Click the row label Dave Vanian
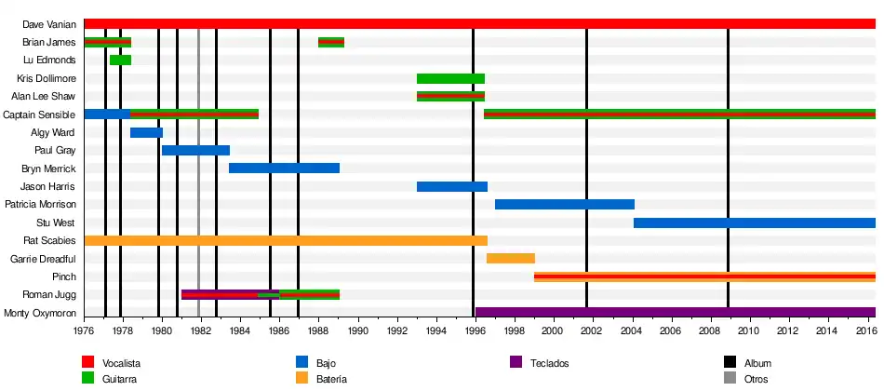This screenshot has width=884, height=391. (x=49, y=24)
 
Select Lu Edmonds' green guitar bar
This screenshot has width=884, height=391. (x=120, y=60)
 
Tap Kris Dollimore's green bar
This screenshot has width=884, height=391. (x=450, y=78)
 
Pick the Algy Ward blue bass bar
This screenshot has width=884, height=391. (x=146, y=133)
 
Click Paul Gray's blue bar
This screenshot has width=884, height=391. (x=195, y=151)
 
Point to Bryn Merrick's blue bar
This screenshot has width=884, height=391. (x=284, y=169)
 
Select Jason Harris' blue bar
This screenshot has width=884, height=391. (x=452, y=187)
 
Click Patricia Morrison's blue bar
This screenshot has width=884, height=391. (x=564, y=205)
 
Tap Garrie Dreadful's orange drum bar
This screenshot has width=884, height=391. (x=510, y=259)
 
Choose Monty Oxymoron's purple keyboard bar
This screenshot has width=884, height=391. (x=675, y=313)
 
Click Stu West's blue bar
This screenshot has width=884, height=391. (x=754, y=223)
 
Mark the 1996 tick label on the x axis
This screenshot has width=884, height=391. (x=475, y=330)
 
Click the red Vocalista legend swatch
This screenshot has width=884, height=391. (x=89, y=362)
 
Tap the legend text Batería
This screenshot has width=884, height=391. (x=331, y=379)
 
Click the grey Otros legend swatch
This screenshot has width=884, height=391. (x=730, y=379)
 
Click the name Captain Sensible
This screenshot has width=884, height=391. (x=39, y=115)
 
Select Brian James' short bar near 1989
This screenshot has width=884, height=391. (x=331, y=42)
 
